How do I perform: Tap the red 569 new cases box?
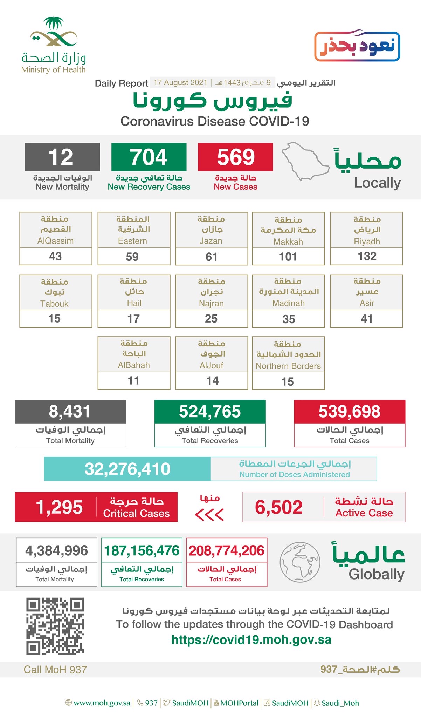coord(235,157)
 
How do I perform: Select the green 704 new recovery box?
coord(149,157)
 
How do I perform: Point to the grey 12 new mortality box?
coord(62,157)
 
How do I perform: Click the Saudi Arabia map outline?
coord(305,161)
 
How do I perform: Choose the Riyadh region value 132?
coord(367,256)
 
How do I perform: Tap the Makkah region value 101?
coord(288,257)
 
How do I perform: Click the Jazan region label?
coord(211,230)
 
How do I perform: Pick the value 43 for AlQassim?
coord(55,256)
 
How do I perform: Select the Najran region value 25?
coord(211,319)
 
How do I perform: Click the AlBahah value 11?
coord(133,381)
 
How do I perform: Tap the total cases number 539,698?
coord(349,412)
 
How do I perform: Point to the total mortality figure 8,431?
coord(70,412)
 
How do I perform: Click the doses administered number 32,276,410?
coord(127,469)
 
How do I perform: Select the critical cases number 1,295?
coord(59,507)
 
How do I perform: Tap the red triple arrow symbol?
coord(209,515)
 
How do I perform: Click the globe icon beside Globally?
coord(300,562)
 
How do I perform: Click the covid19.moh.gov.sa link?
coord(251,640)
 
